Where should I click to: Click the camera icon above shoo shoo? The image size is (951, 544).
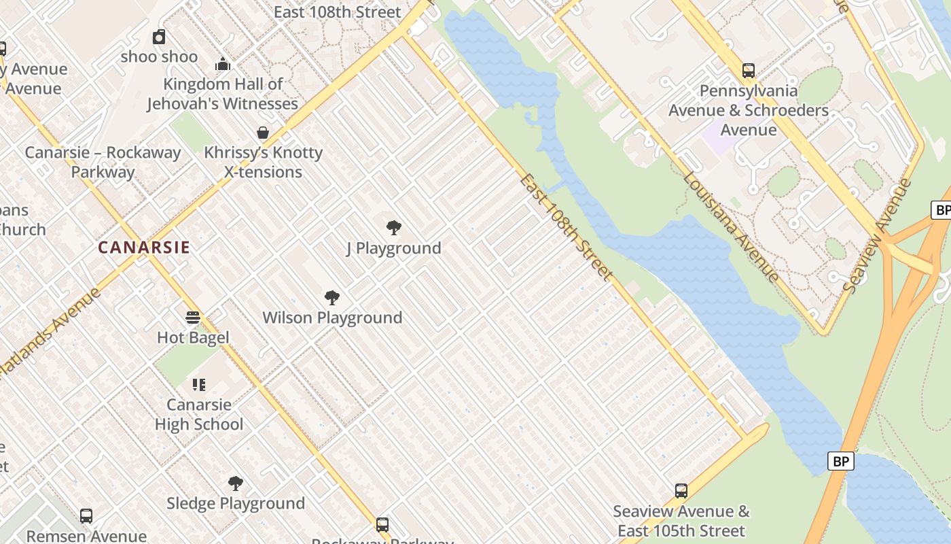click(159, 37)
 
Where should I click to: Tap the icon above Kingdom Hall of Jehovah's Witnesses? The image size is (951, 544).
click(223, 65)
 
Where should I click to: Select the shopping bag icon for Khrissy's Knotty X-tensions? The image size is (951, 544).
click(263, 133)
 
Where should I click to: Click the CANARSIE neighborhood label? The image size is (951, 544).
click(144, 248)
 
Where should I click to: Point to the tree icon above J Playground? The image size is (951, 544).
click(393, 228)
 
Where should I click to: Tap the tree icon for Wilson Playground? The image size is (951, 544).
click(332, 297)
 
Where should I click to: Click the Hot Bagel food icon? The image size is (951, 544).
click(193, 317)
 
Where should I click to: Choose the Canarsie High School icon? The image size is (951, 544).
click(198, 385)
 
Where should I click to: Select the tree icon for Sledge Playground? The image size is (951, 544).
click(236, 483)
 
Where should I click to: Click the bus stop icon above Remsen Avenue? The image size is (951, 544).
click(86, 516)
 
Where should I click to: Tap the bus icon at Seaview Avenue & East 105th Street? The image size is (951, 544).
click(681, 491)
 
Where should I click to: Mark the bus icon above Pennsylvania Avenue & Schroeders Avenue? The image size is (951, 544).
click(749, 71)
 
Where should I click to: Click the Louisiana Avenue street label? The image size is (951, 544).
click(731, 226)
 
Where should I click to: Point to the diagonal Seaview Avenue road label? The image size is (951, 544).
click(876, 235)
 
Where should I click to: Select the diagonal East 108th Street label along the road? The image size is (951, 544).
click(566, 227)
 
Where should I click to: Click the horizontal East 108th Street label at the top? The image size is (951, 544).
click(337, 12)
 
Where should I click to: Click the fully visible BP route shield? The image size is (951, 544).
click(841, 462)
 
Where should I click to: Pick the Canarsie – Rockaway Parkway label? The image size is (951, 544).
click(103, 162)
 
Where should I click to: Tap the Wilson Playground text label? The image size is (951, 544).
click(332, 318)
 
